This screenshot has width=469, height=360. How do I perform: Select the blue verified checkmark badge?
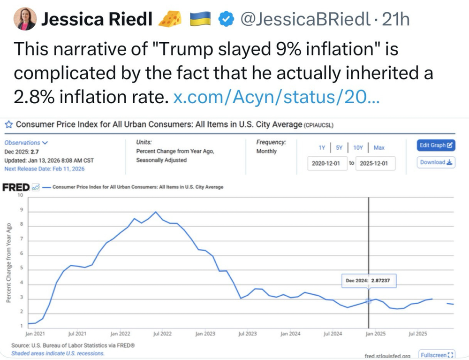click(227, 19)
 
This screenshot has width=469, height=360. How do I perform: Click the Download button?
click(436, 162)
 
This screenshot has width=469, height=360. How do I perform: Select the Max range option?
click(378, 148)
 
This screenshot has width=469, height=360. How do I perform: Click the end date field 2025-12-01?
click(375, 164)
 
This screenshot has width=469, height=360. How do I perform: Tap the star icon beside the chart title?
click(8, 125)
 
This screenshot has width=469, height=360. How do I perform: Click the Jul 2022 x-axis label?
click(162, 334)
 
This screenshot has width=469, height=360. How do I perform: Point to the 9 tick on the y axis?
click(21, 211)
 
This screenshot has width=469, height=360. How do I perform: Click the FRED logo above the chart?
click(17, 187)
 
